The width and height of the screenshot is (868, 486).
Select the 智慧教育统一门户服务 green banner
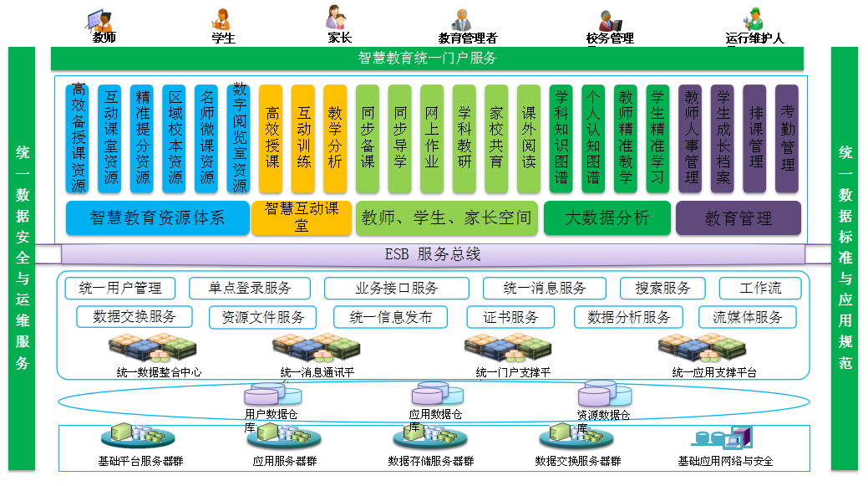(x=427, y=59)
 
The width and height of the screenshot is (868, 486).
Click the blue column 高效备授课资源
(x=79, y=137)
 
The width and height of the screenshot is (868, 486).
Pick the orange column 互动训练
(x=304, y=137)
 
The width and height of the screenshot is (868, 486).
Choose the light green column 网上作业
(x=432, y=137)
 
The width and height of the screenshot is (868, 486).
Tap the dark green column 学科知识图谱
(x=561, y=137)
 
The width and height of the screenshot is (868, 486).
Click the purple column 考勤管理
(x=787, y=137)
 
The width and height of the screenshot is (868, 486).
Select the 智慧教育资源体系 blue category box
(x=157, y=218)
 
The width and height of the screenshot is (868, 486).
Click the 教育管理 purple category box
(x=738, y=218)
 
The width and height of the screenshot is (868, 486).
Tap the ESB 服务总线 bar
(x=432, y=254)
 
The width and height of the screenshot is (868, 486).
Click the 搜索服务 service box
(x=663, y=289)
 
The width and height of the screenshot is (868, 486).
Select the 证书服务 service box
(x=512, y=317)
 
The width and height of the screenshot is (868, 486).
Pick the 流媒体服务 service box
(x=748, y=317)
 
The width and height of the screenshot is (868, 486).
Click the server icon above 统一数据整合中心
(x=155, y=346)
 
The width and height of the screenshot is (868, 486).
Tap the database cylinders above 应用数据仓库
(x=437, y=394)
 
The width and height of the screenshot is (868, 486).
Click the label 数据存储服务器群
(x=430, y=461)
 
